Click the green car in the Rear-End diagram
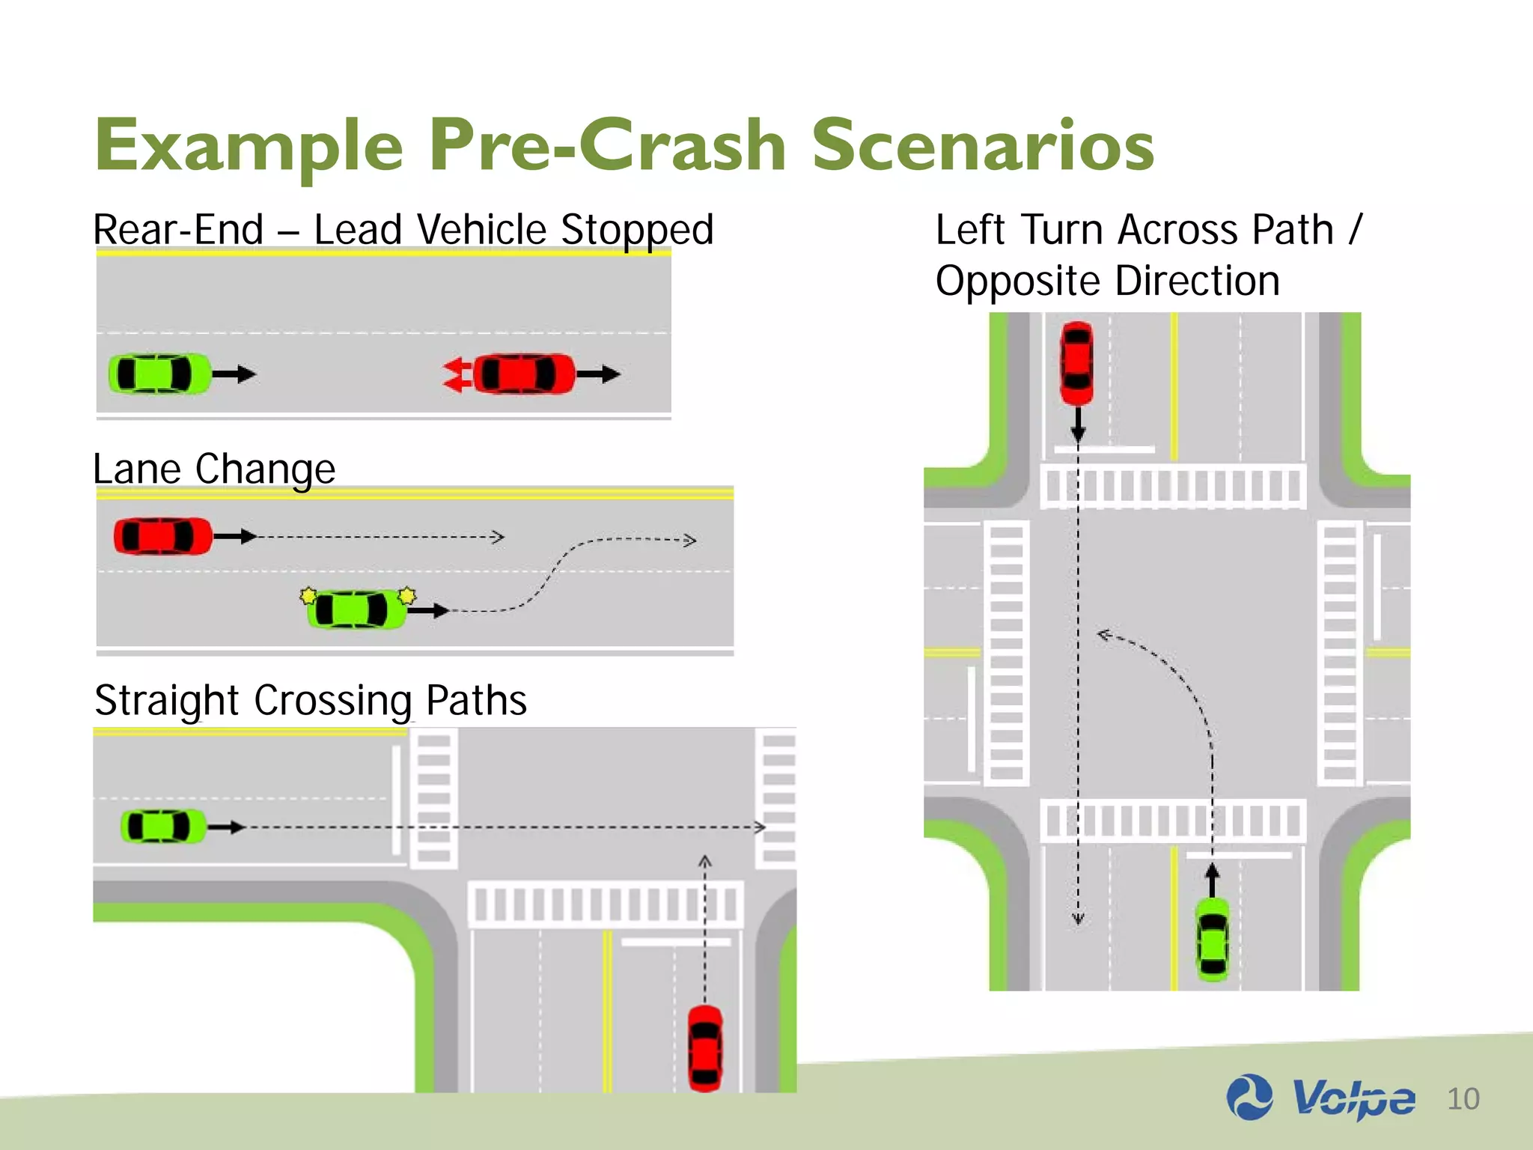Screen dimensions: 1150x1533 click(x=159, y=374)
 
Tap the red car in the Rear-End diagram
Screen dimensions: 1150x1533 click(x=524, y=374)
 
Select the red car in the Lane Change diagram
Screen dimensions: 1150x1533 click(x=163, y=536)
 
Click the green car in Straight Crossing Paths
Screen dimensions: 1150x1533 click(x=163, y=827)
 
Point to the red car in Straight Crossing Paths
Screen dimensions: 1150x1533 click(x=705, y=1047)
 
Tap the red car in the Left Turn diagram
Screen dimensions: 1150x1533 click(x=1077, y=364)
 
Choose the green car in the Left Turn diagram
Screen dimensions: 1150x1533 click(x=1213, y=939)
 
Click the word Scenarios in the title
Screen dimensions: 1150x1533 click(x=983, y=145)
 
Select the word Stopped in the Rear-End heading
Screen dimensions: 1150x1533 click(x=637, y=230)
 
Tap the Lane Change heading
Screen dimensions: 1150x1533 click(x=214, y=469)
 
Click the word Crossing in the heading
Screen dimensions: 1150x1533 click(x=332, y=701)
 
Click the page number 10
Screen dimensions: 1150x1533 click(x=1463, y=1099)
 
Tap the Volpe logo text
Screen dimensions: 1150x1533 click(x=1353, y=1099)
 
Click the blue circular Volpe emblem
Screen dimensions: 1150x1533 click(x=1249, y=1098)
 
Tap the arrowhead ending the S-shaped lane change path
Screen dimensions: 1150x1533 click(x=690, y=540)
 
